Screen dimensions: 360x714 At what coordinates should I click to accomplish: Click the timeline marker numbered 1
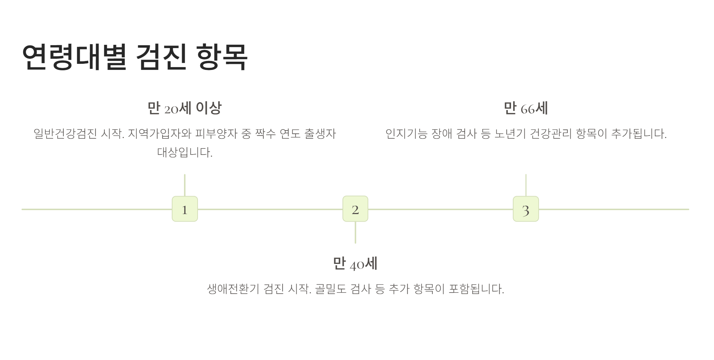185,209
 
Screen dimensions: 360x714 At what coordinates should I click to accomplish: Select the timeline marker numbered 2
355,209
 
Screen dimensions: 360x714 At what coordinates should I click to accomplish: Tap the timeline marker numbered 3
526,209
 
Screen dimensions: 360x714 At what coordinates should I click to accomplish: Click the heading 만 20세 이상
185,108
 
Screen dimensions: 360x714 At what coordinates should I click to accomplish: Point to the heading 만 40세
355,264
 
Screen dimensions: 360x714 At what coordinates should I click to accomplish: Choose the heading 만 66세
526,108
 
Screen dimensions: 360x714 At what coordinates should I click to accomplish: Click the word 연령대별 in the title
74,57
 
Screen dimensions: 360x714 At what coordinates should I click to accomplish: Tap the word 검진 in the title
161,57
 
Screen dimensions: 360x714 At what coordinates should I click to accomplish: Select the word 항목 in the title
222,57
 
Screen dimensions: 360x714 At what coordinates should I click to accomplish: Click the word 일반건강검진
65,134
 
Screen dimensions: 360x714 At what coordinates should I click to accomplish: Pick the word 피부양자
216,134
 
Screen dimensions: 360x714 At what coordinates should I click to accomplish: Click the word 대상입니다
185,152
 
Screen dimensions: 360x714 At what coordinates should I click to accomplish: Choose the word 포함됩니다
476,289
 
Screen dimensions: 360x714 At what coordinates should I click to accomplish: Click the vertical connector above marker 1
185,185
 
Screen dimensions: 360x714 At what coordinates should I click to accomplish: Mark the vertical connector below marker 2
355,232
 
